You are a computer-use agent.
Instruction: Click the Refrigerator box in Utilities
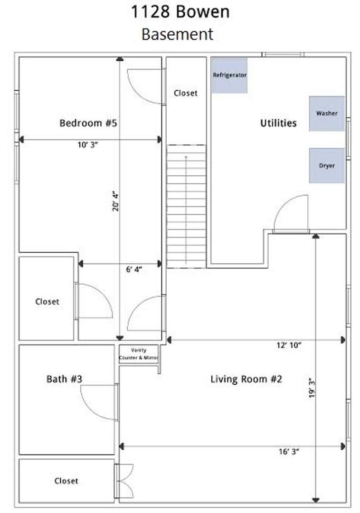click(229, 76)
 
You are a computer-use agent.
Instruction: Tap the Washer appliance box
click(327, 114)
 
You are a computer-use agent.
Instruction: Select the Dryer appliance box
click(327, 166)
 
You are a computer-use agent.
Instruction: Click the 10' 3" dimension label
click(88, 144)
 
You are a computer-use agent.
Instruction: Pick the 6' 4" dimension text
click(134, 270)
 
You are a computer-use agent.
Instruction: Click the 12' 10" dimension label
click(289, 345)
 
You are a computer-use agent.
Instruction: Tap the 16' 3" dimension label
click(289, 452)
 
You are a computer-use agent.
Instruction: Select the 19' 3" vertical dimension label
click(312, 388)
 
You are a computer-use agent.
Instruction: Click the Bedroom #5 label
click(88, 123)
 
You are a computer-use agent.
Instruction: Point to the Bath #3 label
click(65, 379)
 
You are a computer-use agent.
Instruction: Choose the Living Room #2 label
click(246, 379)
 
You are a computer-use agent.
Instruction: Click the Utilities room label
click(278, 123)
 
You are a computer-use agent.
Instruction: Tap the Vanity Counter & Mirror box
click(139, 354)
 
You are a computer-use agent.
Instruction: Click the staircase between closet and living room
click(186, 207)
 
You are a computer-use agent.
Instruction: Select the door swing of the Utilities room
click(291, 214)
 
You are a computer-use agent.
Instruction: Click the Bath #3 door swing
click(99, 402)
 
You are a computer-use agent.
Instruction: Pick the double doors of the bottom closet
click(124, 481)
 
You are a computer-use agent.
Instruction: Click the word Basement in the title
click(178, 34)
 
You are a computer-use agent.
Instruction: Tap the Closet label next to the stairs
click(186, 93)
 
